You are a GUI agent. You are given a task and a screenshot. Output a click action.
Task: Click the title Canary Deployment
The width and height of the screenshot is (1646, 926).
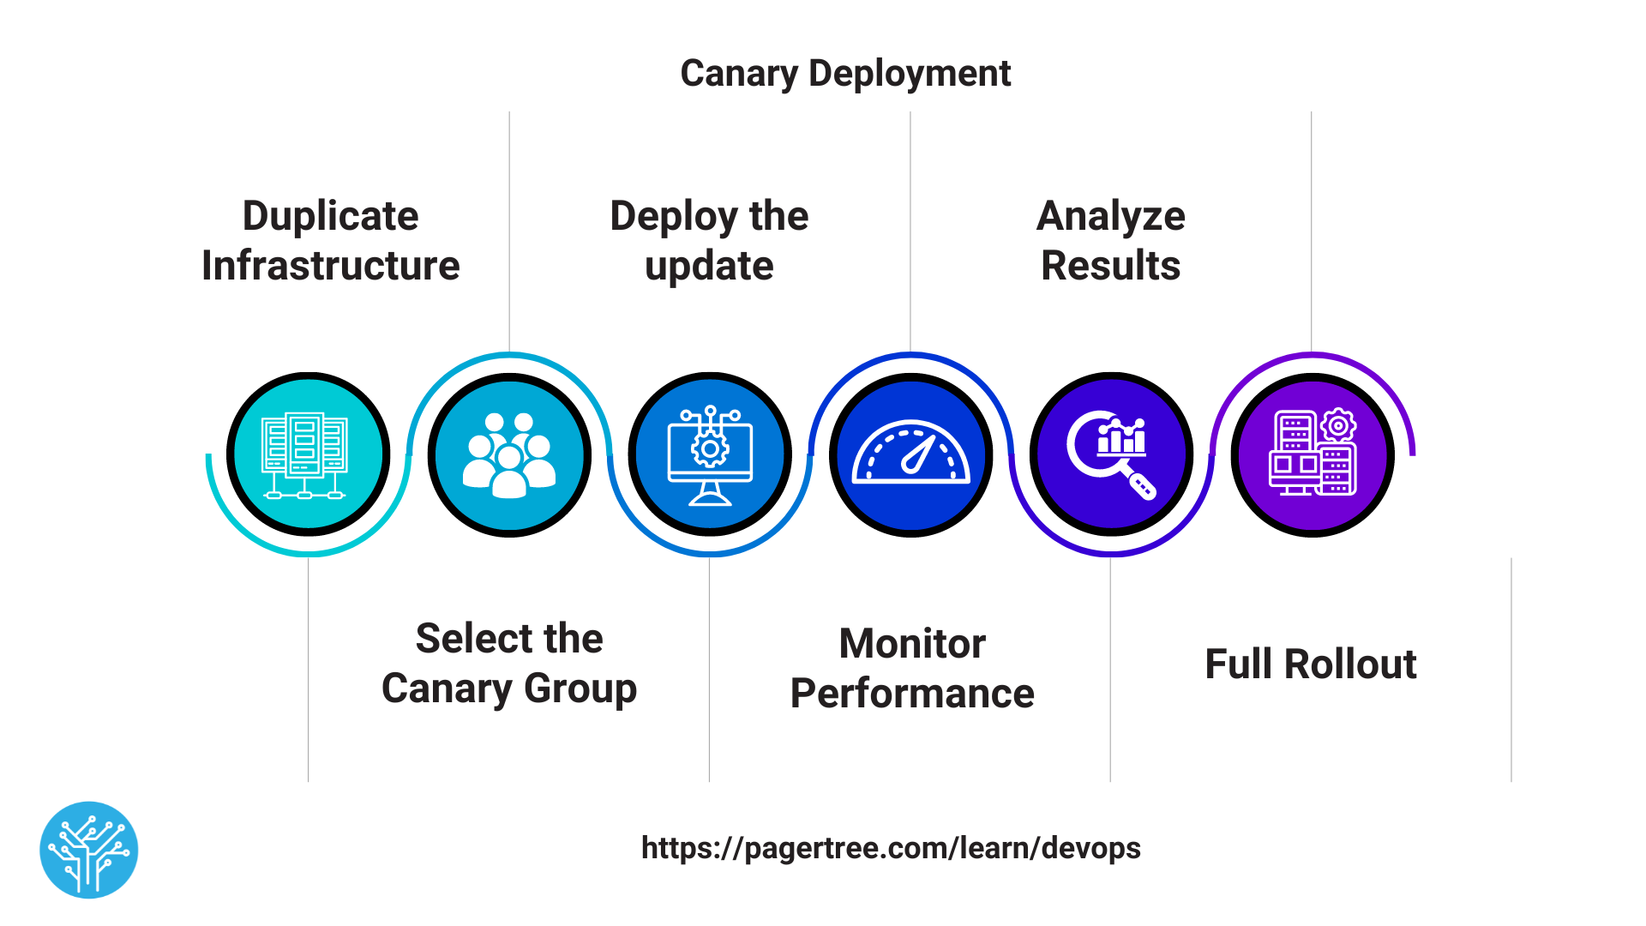[x=844, y=74]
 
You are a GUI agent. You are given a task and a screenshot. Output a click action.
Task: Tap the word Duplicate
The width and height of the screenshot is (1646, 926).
[x=330, y=216]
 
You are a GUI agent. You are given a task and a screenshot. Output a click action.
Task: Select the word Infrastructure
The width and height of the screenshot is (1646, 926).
[x=330, y=266]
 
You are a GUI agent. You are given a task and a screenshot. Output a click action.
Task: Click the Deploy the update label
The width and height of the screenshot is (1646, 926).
[x=709, y=241]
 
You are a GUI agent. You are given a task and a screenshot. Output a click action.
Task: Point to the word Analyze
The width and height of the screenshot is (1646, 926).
[x=1110, y=216]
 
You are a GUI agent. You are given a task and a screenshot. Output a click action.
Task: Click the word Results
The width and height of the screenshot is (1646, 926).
[x=1110, y=266]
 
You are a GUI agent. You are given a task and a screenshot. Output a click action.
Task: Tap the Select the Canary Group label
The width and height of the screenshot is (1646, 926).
[x=509, y=664]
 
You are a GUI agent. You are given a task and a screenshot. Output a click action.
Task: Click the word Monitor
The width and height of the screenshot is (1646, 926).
[x=911, y=644]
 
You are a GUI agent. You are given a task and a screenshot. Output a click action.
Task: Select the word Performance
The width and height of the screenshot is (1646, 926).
[x=911, y=694]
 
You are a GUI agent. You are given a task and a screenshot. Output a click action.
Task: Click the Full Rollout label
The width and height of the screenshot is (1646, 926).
[x=1310, y=664]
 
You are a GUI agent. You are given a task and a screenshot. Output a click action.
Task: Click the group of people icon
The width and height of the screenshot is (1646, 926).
[x=509, y=454]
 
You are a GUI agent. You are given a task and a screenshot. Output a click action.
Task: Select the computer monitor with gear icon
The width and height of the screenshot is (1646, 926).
[x=710, y=454]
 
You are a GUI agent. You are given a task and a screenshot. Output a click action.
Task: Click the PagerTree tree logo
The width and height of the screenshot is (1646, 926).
[x=89, y=850]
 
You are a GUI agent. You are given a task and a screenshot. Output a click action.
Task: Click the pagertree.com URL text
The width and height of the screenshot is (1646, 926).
[x=891, y=848]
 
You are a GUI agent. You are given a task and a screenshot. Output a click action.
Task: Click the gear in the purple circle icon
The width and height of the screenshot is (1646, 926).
[x=1338, y=425]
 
